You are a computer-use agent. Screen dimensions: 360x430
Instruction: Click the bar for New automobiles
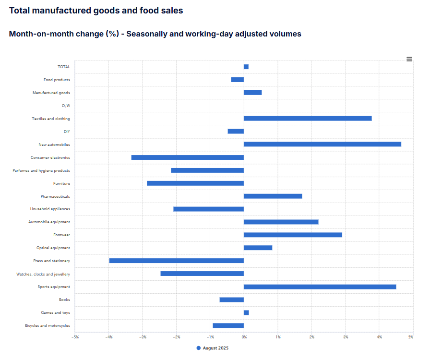322,144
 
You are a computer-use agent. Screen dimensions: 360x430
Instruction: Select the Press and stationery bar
176,261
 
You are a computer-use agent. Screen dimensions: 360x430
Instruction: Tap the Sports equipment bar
320,287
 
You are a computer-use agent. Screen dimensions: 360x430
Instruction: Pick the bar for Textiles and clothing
307,118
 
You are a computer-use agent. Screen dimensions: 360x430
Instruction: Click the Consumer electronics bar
187,157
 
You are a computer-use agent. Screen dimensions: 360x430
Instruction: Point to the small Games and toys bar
246,312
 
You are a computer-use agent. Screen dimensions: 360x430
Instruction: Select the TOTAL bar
246,67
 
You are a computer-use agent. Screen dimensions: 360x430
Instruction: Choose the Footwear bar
293,235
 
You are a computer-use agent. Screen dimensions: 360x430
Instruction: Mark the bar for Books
231,300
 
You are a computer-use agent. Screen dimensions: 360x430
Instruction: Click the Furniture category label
61,183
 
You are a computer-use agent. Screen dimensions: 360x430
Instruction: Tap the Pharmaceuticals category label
55,196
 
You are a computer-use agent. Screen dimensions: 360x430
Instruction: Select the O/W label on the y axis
66,106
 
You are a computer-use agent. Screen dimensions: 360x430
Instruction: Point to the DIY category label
67,132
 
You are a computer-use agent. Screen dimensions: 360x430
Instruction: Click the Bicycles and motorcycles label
48,325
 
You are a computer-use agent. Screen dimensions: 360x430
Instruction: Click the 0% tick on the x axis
244,337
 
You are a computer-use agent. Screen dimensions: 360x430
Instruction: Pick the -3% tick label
143,337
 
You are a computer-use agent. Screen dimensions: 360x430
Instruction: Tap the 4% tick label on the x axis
379,337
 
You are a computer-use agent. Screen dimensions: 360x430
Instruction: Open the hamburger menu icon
409,59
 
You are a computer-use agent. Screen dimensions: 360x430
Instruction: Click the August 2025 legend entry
213,348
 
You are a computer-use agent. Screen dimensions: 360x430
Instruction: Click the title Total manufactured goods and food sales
96,11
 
